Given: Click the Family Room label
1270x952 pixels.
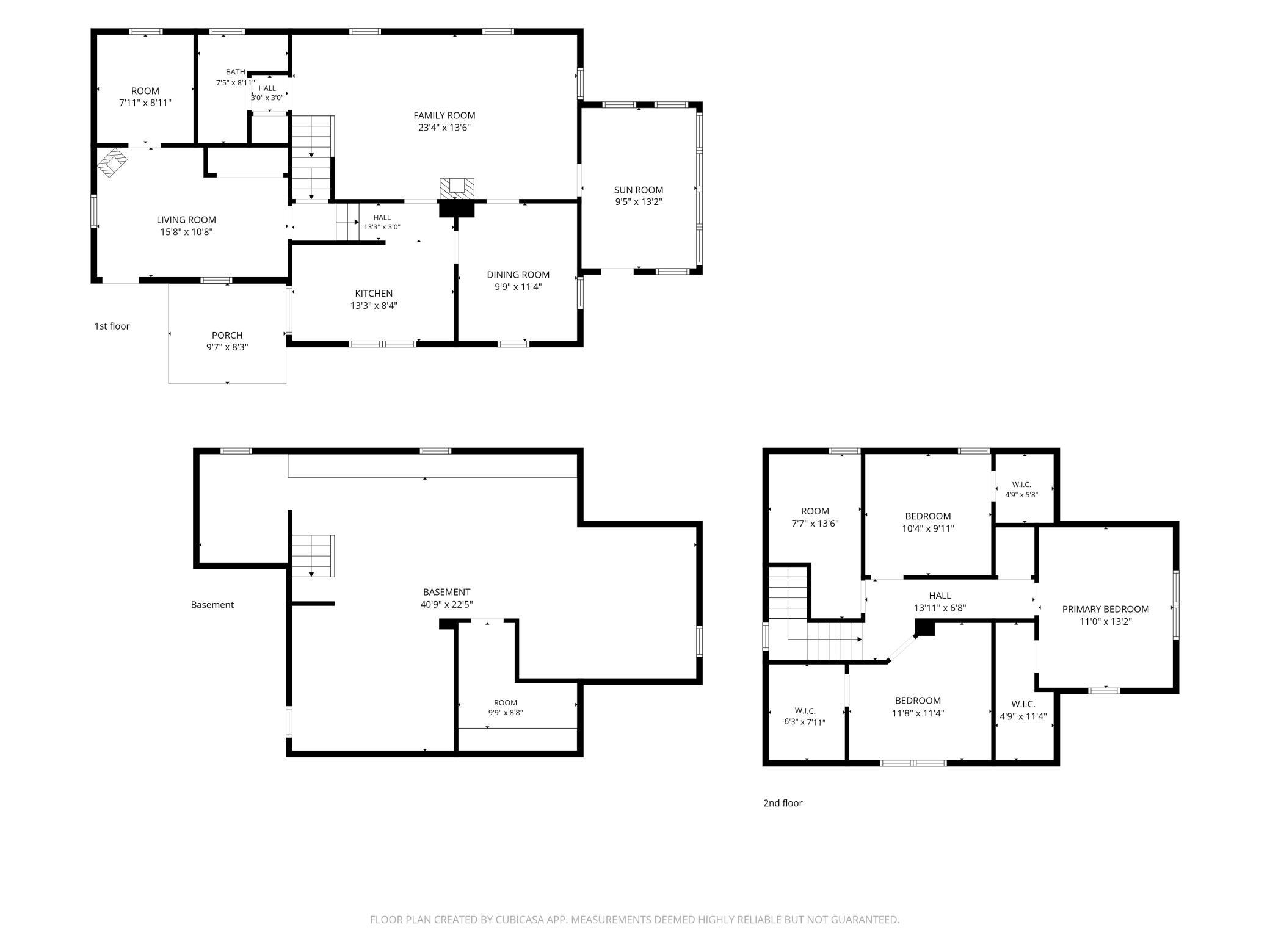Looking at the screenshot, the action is click(x=444, y=115).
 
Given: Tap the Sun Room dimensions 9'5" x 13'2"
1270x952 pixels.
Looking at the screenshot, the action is click(x=639, y=202).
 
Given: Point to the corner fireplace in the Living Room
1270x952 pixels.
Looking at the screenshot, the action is click(x=113, y=162).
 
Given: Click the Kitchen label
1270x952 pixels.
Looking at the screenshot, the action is click(x=374, y=294).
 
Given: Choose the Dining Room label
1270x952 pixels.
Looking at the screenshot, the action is click(x=518, y=275).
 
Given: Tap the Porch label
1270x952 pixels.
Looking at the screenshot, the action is click(x=227, y=335).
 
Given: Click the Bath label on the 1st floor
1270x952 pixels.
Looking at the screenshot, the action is click(x=235, y=72).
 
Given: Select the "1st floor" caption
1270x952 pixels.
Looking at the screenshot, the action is click(x=112, y=326).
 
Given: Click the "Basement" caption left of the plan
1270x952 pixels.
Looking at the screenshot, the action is click(x=212, y=605).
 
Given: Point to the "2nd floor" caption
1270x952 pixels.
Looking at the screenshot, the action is click(x=783, y=803).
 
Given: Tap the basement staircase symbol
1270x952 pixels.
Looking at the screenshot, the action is click(x=313, y=556).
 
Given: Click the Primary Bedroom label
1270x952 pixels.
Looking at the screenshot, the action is click(x=1106, y=609).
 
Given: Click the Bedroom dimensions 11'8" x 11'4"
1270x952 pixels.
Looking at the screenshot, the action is click(x=918, y=713).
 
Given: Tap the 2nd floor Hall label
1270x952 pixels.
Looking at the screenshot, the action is click(x=940, y=596).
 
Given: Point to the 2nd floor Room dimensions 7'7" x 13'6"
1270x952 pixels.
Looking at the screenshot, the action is click(x=815, y=524).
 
